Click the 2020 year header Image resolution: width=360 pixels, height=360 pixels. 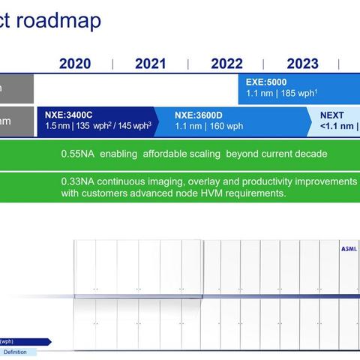(x=75, y=64)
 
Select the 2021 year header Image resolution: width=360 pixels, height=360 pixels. (x=151, y=64)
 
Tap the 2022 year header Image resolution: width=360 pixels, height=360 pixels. (x=226, y=64)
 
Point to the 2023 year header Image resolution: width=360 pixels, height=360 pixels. (x=302, y=64)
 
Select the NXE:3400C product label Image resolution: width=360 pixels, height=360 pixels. (x=68, y=115)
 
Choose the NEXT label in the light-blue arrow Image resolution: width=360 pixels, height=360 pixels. (x=333, y=115)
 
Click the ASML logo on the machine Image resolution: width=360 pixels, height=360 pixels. (x=349, y=249)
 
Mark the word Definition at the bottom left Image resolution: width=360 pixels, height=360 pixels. (x=15, y=352)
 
